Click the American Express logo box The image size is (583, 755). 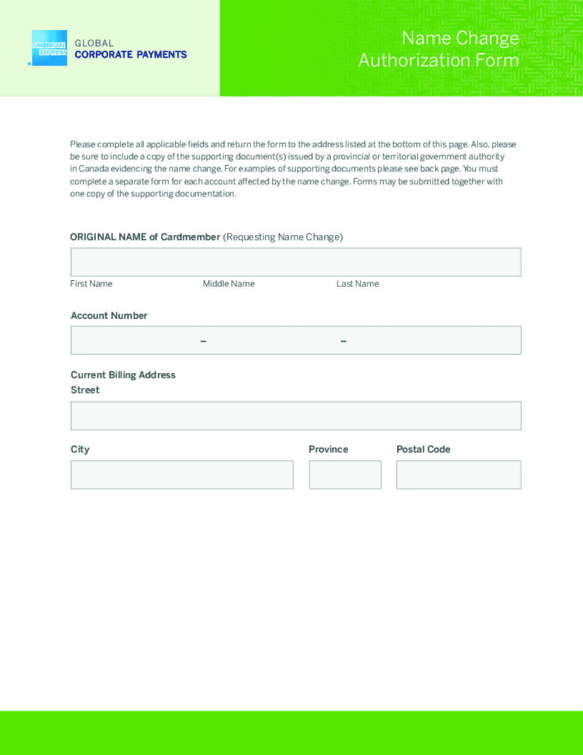(x=49, y=48)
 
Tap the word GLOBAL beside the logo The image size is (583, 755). (x=94, y=43)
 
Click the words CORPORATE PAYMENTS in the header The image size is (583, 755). (x=131, y=55)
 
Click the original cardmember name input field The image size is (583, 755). (x=296, y=262)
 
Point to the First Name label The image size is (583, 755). (x=91, y=284)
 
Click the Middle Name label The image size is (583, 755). (x=228, y=284)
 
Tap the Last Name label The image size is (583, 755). (x=357, y=284)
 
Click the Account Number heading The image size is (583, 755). (x=109, y=316)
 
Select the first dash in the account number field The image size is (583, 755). (x=203, y=341)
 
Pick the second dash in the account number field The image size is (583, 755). (x=343, y=341)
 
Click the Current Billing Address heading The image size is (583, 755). (x=123, y=375)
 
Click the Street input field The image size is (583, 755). (x=296, y=416)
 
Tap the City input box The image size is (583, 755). (x=182, y=474)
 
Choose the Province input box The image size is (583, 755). (x=345, y=474)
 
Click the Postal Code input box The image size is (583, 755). (x=458, y=474)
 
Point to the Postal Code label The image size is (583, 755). (x=423, y=449)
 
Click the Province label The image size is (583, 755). (x=328, y=449)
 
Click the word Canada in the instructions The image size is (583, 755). (x=93, y=169)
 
